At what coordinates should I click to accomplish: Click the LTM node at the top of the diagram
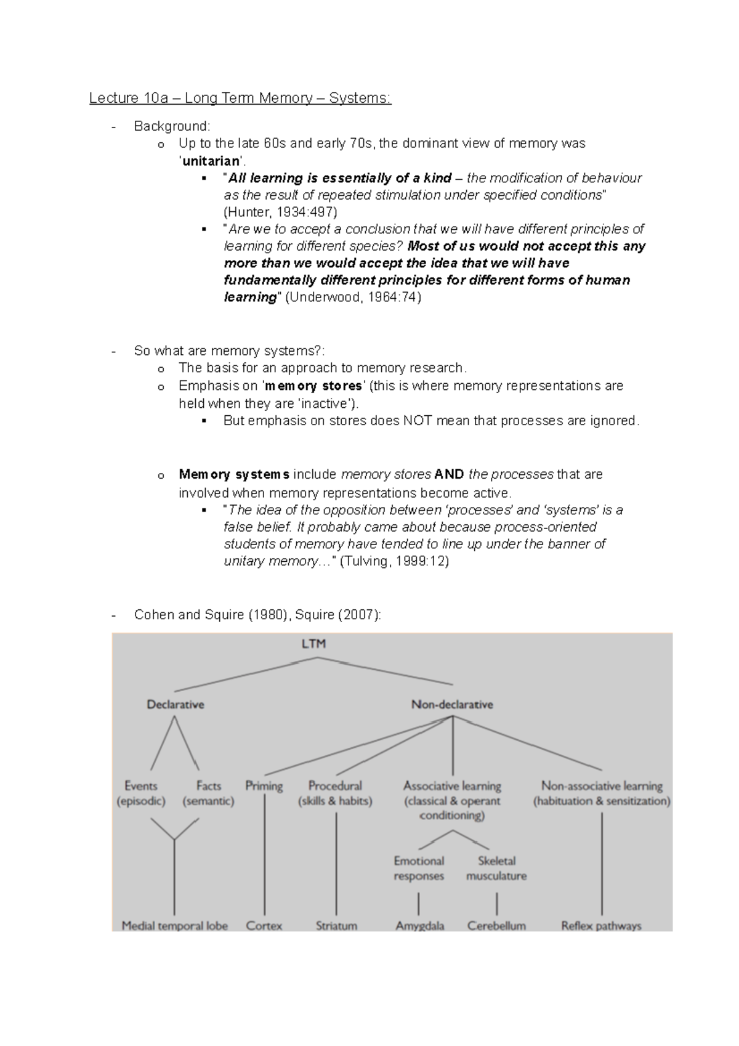click(314, 644)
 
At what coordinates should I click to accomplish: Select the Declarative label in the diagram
click(175, 704)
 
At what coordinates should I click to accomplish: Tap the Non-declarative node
click(452, 704)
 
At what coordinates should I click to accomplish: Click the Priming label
click(264, 785)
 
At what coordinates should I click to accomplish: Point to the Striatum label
click(336, 925)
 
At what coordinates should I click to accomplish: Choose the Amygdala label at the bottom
click(419, 925)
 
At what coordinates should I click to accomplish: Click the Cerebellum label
click(496, 925)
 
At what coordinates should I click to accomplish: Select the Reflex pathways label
click(601, 925)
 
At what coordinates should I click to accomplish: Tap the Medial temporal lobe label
click(174, 925)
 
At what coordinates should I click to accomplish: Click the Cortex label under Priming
click(264, 925)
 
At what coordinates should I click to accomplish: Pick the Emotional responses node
click(419, 868)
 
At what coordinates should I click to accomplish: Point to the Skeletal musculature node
click(496, 868)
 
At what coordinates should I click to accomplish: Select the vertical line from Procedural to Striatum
click(336, 862)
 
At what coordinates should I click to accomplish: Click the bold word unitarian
click(209, 161)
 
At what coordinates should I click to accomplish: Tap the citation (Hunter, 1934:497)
click(280, 212)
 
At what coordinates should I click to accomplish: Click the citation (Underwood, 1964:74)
click(353, 297)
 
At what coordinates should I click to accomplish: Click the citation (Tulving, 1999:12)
click(394, 561)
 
